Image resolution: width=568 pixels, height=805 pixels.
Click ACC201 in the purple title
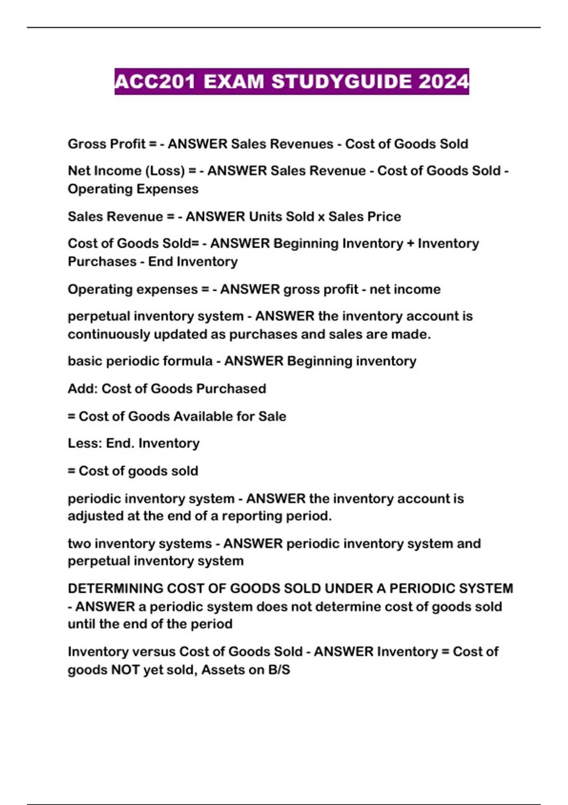(155, 81)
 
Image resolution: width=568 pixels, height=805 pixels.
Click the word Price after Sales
(383, 216)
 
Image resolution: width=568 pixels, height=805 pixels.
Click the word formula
(186, 361)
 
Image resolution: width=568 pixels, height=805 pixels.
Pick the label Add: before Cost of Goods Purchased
(83, 388)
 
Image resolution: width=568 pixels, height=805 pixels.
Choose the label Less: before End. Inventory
(85, 443)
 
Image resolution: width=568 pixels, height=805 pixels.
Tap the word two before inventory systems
(79, 543)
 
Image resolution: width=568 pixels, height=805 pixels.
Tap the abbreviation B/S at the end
(279, 670)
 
